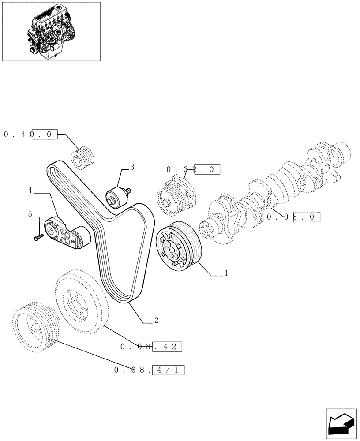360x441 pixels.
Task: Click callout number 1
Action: [x=226, y=273]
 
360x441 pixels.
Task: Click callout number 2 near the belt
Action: [x=156, y=321]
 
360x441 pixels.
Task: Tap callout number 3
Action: [x=131, y=167]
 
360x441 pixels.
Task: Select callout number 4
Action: [x=30, y=191]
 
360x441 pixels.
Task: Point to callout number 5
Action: [x=30, y=214]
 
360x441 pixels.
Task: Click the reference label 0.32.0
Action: [x=192, y=169]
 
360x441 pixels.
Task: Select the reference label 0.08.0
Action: [x=293, y=217]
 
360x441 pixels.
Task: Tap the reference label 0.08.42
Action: [x=151, y=347]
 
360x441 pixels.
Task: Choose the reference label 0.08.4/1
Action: [x=148, y=370]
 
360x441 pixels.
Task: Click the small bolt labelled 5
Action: [x=37, y=237]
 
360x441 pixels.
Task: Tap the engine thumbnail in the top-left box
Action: [x=51, y=31]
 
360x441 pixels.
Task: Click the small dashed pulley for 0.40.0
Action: [x=84, y=159]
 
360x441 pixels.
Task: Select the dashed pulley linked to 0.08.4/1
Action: [x=34, y=325]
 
